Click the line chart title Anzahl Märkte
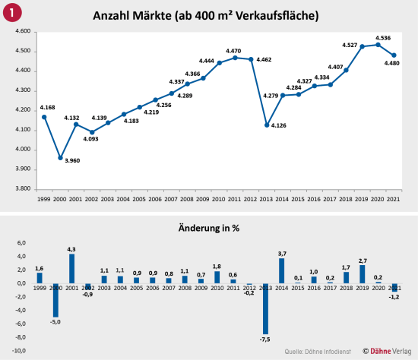point(204,16)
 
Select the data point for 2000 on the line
point(60,158)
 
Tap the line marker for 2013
point(267,125)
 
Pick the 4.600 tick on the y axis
point(21,32)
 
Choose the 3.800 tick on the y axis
point(21,188)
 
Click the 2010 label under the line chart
point(219,198)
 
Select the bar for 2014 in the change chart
point(282,271)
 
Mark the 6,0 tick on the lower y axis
point(22,242)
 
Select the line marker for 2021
point(394,55)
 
